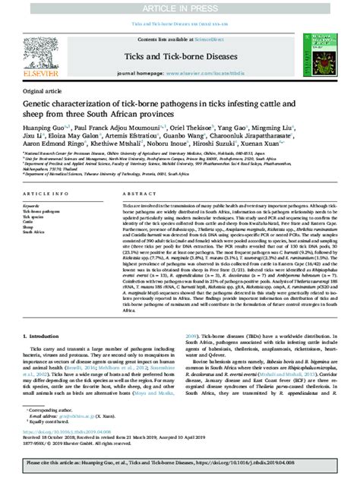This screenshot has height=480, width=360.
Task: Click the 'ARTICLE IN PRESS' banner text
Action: coord(179,7)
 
